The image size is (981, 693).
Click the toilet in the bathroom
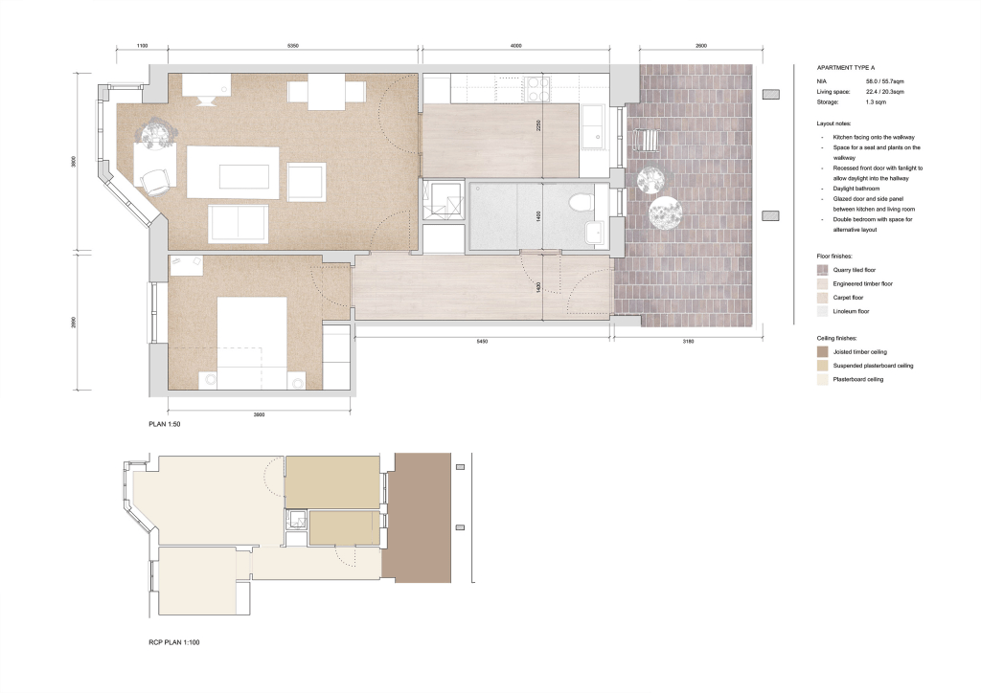point(581,202)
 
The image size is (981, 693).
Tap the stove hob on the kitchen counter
point(536,89)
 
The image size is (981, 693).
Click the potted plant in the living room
point(156,131)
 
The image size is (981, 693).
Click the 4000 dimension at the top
point(516,46)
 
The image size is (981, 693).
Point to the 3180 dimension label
point(683,340)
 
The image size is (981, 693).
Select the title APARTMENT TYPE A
point(847,70)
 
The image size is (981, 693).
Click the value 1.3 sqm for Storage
point(877,101)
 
